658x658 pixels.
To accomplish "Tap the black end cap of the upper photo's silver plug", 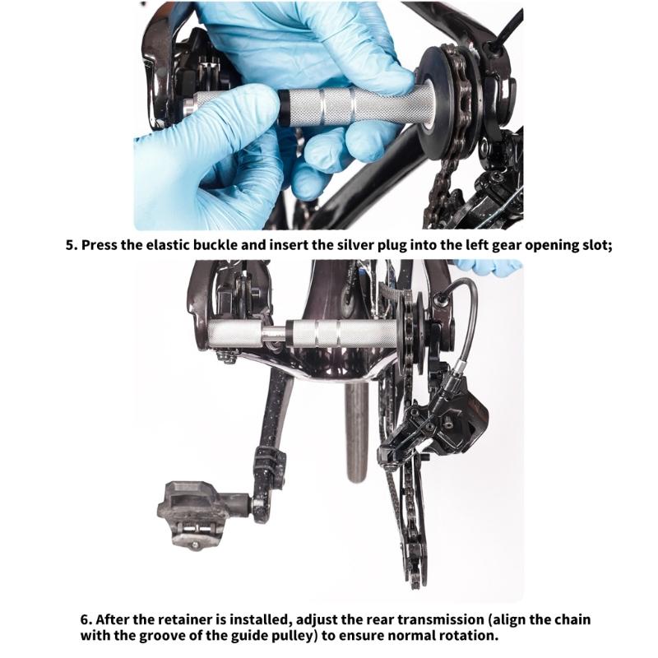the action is [x=283, y=108].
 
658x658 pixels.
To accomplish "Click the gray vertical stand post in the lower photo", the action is [x=357, y=433].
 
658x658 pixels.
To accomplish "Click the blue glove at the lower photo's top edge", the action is [x=489, y=268].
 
